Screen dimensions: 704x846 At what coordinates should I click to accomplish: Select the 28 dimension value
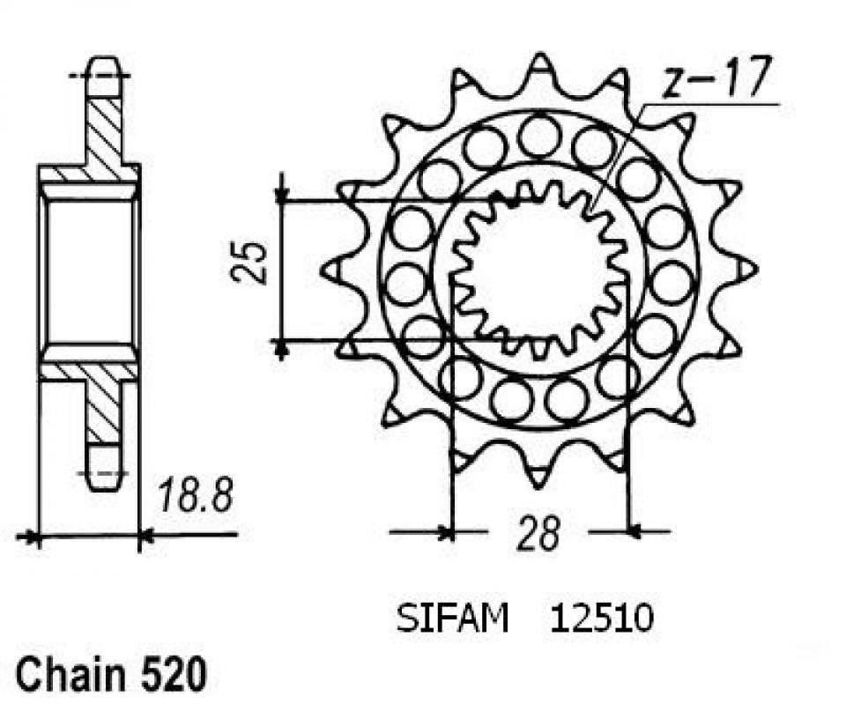pos(538,533)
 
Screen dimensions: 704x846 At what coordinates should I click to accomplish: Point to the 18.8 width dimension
pos(195,498)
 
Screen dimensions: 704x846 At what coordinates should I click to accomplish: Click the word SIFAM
pos(451,619)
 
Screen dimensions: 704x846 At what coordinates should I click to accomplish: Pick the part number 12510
pos(602,619)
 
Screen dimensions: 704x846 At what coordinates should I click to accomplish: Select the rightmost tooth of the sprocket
pos(746,267)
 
